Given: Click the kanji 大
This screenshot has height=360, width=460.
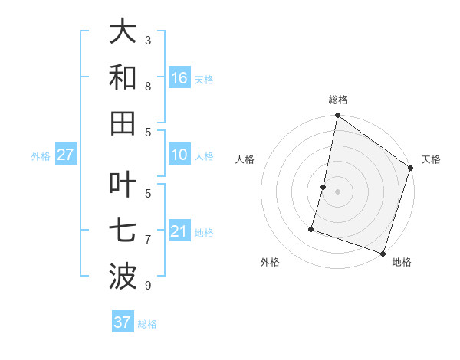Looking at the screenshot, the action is coord(123,32).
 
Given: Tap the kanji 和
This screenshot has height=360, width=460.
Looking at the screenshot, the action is coord(123,77).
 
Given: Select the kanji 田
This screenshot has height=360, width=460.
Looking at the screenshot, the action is coord(123,122).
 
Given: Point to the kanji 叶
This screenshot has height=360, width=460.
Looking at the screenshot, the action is coord(123,187).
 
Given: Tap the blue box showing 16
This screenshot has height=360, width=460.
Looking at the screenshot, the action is coord(179,78).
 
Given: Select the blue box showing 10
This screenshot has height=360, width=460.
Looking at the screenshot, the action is coord(179,155).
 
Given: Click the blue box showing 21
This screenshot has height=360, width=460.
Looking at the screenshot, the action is coord(179,232).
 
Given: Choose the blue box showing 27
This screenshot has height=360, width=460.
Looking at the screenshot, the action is coord(65,155).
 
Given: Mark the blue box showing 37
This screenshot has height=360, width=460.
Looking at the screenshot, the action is coord(122,322).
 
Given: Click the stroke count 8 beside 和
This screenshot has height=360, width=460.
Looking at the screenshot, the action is coord(148,87).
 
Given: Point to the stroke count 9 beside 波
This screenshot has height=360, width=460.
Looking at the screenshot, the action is coord(148,286).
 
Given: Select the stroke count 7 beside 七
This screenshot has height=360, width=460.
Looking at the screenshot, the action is coord(148,241).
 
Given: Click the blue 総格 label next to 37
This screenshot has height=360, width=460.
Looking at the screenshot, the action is coord(147,324).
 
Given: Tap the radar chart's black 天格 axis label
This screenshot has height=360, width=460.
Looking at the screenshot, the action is coord(431,159).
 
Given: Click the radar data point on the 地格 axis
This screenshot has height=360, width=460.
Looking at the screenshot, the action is coord(383,253).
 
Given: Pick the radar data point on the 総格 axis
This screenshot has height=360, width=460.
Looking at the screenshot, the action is coord(337,116).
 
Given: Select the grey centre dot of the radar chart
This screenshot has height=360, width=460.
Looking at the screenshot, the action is coord(337,191).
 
